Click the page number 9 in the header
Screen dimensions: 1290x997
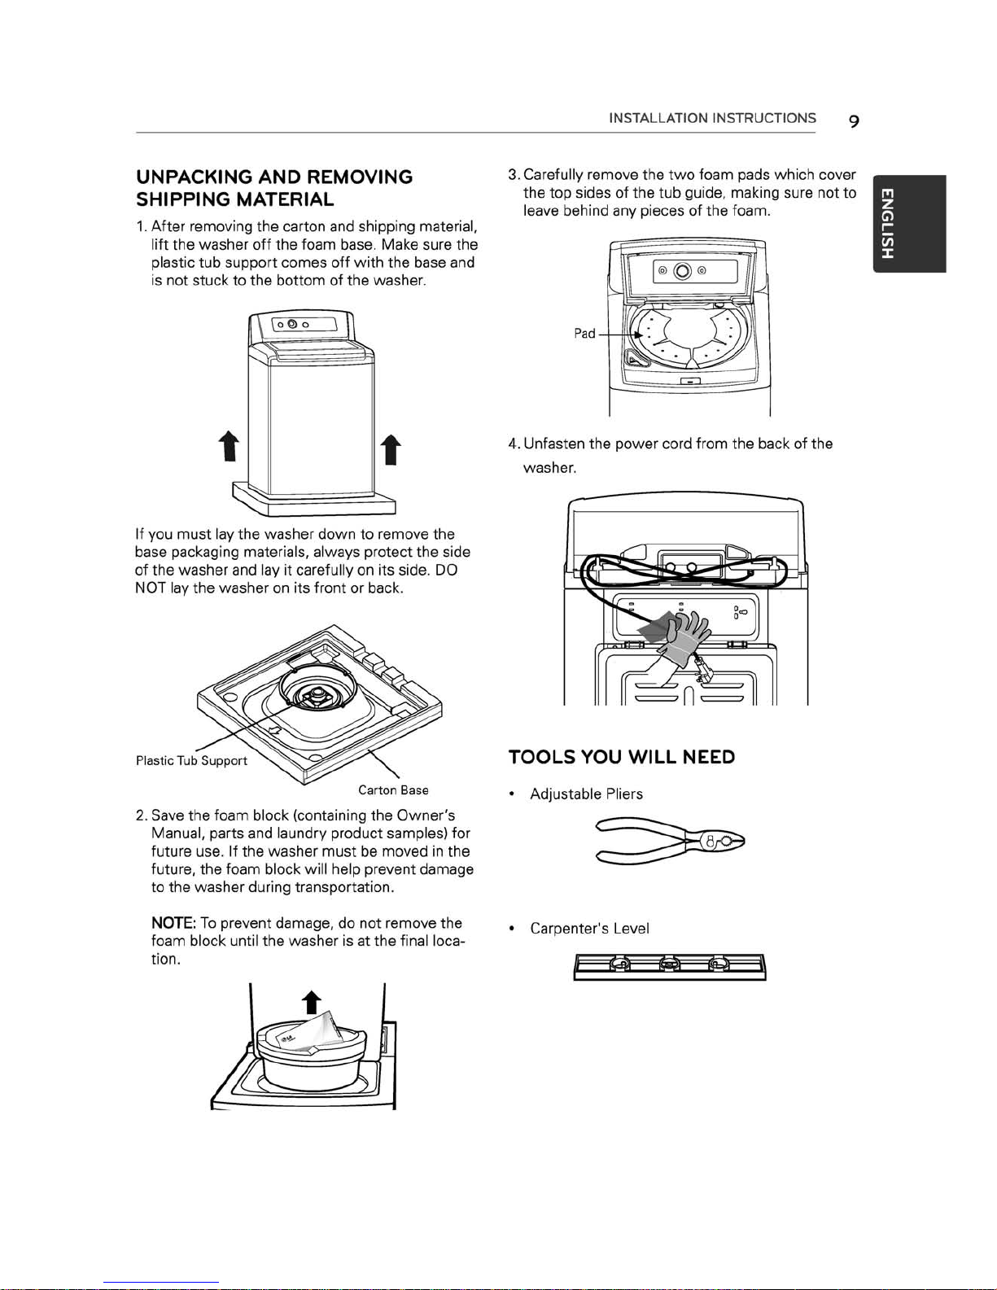click(x=853, y=121)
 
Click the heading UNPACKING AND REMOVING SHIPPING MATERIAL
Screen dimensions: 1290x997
click(x=274, y=188)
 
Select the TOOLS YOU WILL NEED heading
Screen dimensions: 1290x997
click(x=622, y=757)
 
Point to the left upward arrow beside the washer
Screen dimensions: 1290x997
click(x=230, y=448)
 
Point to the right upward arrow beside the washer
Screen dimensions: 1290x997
click(x=391, y=450)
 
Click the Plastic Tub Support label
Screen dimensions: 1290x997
click(x=191, y=760)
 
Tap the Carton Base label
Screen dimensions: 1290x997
click(x=393, y=789)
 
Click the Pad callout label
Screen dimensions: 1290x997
click(x=584, y=333)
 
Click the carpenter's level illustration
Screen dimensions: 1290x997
click(x=669, y=966)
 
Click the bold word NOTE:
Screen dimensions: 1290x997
click(x=173, y=923)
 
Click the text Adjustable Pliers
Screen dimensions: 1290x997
click(x=586, y=794)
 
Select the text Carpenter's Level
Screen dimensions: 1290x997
click(x=589, y=929)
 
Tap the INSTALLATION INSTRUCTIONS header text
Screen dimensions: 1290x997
click(x=712, y=118)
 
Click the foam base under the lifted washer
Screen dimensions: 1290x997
click(x=313, y=502)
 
